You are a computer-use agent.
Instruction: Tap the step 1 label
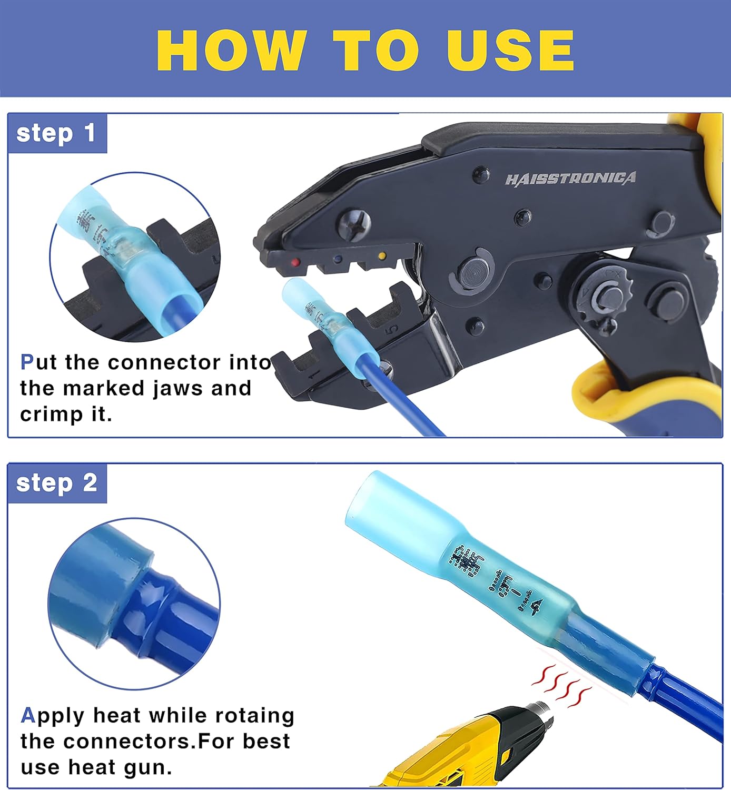tap(56, 133)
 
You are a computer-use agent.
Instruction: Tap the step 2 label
tap(56, 483)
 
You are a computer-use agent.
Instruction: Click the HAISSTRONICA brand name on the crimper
tap(570, 179)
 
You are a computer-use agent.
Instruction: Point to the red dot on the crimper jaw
tap(296, 262)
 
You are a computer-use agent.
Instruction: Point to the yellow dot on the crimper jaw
tap(382, 257)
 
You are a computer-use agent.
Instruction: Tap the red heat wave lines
tap(561, 685)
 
